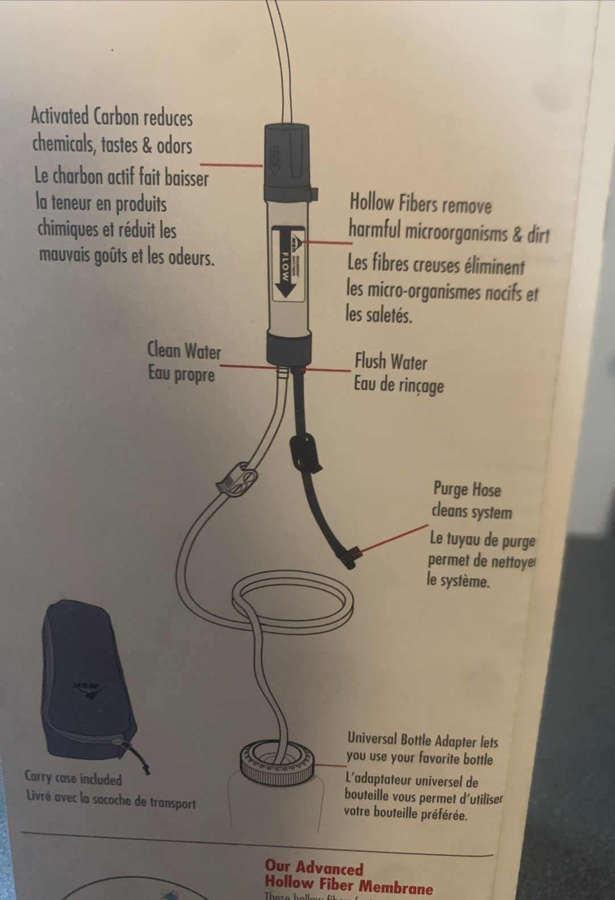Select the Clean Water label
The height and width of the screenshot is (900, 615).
184,350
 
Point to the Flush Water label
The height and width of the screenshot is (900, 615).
391,362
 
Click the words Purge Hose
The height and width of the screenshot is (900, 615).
467,489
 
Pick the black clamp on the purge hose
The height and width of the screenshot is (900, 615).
305,452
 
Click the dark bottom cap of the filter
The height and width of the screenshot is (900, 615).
289,348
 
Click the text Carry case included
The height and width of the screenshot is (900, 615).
73,777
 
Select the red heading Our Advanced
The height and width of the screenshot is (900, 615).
313,867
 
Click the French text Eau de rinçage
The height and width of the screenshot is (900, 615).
398,385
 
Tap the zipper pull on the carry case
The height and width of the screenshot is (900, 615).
139,759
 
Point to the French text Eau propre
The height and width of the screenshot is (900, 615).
182,374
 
